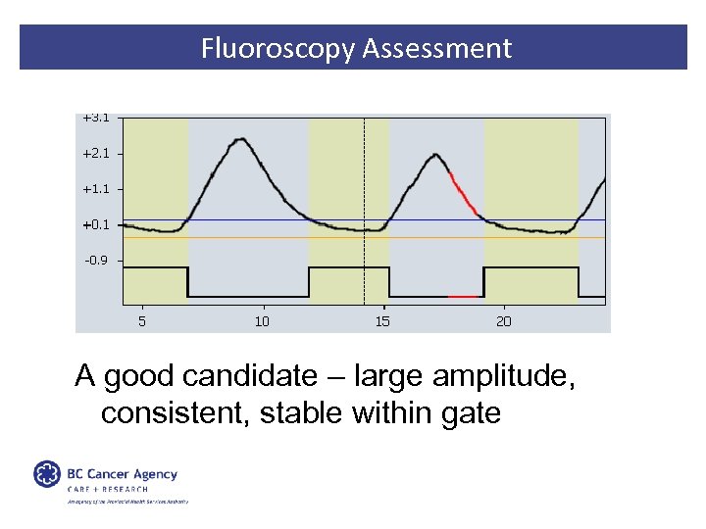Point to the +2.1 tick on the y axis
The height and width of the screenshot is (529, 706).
pyautogui.click(x=96, y=153)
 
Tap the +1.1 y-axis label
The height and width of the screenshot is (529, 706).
pyautogui.click(x=96, y=188)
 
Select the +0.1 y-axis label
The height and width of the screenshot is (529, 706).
pyautogui.click(x=96, y=224)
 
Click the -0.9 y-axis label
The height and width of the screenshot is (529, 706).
pyautogui.click(x=97, y=261)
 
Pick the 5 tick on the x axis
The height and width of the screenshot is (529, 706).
pyautogui.click(x=142, y=320)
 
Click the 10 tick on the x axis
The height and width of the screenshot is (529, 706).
pyautogui.click(x=262, y=320)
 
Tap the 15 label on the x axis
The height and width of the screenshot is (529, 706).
pyautogui.click(x=382, y=320)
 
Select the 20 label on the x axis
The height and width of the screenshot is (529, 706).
pyautogui.click(x=503, y=320)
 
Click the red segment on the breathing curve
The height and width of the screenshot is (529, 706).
pyautogui.click(x=464, y=193)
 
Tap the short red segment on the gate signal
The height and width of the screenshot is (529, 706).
pyautogui.click(x=463, y=296)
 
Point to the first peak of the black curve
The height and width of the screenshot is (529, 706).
pyautogui.click(x=239, y=139)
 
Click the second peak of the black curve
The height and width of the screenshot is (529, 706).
pyautogui.click(x=435, y=154)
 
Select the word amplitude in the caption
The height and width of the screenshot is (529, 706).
pyautogui.click(x=478, y=376)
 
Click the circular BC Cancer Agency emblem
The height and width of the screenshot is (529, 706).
pyautogui.click(x=47, y=474)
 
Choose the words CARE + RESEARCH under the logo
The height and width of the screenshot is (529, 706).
pyautogui.click(x=108, y=489)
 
